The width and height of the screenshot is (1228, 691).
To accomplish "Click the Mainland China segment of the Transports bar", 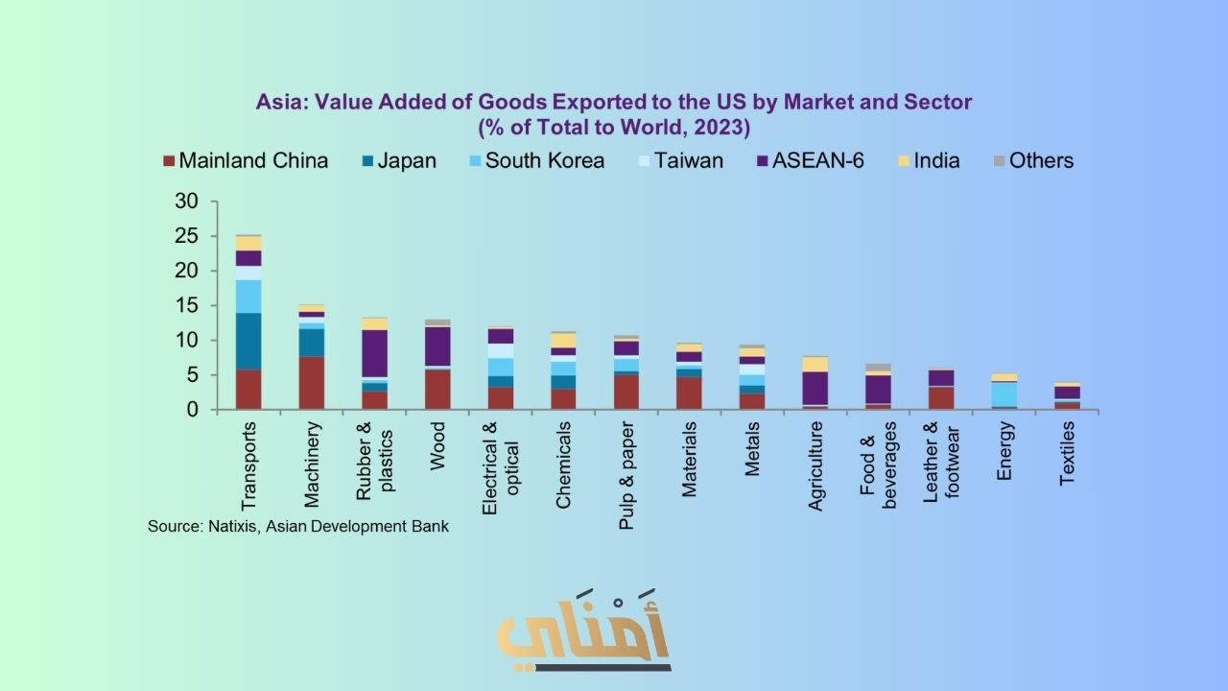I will (248, 390).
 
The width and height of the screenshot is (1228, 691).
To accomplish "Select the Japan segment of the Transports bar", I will (248, 341).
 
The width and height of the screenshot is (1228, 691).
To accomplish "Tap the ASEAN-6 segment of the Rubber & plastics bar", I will (374, 353).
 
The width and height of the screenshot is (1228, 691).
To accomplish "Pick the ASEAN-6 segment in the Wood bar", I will (437, 346).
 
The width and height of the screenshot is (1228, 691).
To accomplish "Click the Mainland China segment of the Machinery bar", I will (312, 383).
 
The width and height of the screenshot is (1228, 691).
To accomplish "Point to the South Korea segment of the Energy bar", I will (1005, 394).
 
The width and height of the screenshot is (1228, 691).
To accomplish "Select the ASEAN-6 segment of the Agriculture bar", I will (815, 389).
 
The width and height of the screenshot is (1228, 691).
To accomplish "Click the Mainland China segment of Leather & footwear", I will (942, 397).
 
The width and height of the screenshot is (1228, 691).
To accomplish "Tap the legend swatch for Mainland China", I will (169, 161).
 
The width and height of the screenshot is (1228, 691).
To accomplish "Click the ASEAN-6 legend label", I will (818, 160).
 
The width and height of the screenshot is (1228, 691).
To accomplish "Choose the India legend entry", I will (936, 160).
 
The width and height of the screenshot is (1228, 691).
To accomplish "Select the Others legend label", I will (1041, 160).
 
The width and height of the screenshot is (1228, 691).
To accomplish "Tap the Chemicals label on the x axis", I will (563, 465).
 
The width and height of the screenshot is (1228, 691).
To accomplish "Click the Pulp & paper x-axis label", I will (626, 474).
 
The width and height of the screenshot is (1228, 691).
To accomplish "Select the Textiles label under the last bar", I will (1068, 453).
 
